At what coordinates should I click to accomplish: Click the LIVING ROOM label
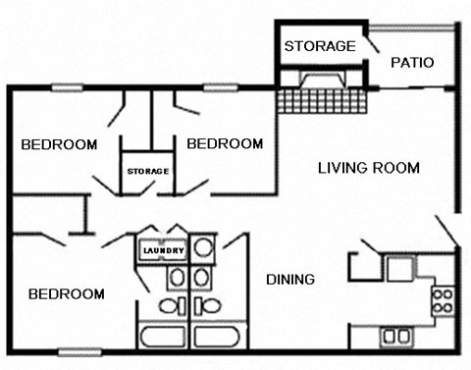[368, 168]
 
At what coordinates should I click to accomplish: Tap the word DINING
[290, 280]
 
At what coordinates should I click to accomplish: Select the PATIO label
[412, 63]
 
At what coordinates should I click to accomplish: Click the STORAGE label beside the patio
[319, 46]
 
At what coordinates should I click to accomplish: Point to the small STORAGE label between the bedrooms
[147, 172]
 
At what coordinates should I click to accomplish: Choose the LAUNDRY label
[162, 251]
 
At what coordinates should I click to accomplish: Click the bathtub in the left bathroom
[164, 338]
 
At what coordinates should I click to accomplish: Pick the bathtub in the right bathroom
[218, 338]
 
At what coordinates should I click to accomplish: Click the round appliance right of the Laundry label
[203, 247]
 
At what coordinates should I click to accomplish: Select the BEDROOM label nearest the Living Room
[225, 144]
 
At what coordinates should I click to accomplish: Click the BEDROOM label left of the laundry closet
[66, 293]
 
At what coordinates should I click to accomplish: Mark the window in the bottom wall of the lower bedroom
[79, 351]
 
